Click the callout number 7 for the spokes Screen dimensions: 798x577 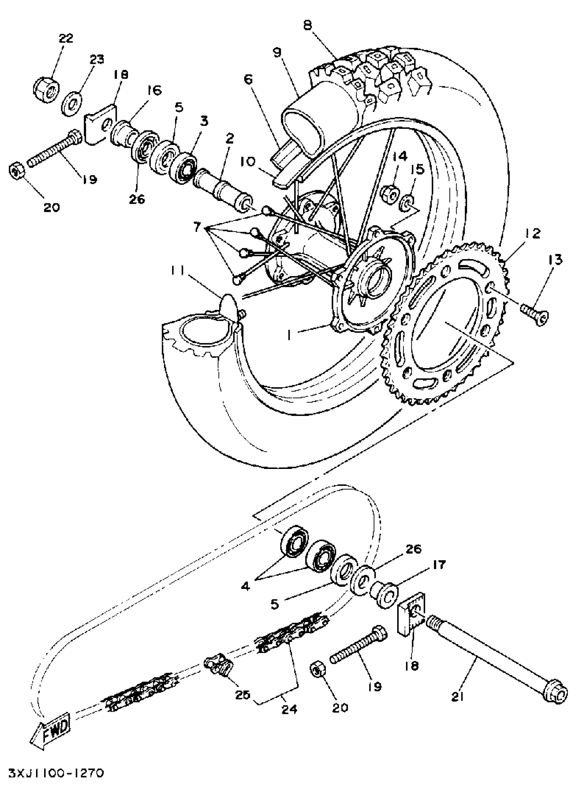(198, 227)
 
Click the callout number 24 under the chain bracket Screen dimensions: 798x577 (289, 708)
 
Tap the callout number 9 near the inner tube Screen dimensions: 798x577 (277, 53)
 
